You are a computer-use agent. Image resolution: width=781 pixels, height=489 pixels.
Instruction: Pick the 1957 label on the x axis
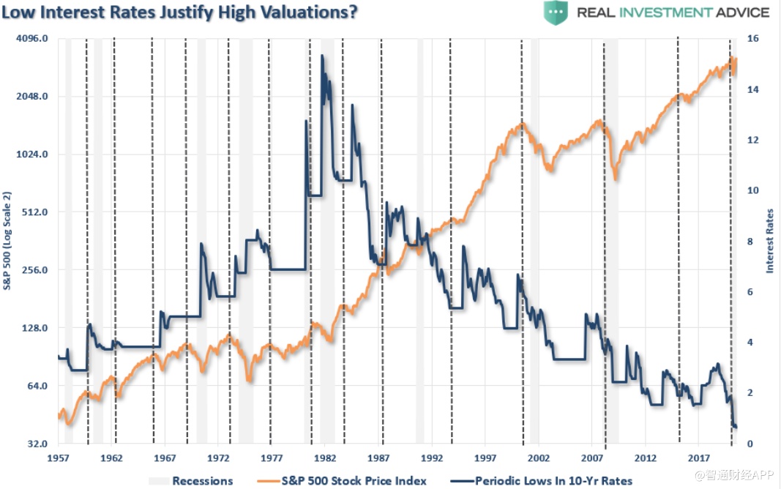(x=58, y=458)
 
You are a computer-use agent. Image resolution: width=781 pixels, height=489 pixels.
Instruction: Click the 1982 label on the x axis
(x=325, y=458)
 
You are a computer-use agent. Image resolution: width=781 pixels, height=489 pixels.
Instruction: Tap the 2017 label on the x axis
(x=699, y=458)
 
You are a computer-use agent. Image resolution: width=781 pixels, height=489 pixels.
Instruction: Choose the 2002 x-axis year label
(x=539, y=458)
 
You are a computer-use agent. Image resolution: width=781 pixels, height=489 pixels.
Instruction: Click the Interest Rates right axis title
(x=769, y=240)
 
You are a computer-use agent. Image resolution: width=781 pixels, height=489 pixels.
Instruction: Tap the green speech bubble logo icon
(x=556, y=13)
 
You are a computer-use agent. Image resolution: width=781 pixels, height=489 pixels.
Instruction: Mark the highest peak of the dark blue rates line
(x=322, y=56)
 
